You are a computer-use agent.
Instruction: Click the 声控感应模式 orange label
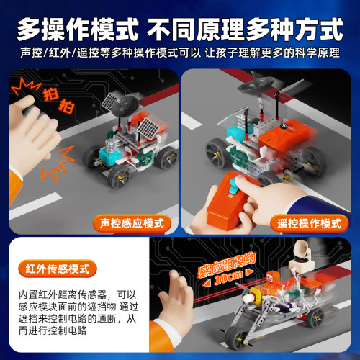pos(132,223)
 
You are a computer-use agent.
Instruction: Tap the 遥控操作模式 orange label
pos(309,223)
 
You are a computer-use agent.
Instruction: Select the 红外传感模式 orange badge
pos(58,269)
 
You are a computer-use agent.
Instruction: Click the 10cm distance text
pos(229,278)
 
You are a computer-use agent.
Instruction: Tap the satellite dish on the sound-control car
pos(125,107)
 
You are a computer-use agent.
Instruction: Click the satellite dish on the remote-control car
pos(256,84)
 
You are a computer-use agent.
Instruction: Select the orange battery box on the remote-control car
pos(286,135)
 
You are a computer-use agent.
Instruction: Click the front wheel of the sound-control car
pos(119,177)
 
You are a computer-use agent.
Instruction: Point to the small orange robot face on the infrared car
pos(273,279)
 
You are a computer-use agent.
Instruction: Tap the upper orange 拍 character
pos(51,94)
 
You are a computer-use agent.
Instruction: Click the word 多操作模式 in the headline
pos(78,30)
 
